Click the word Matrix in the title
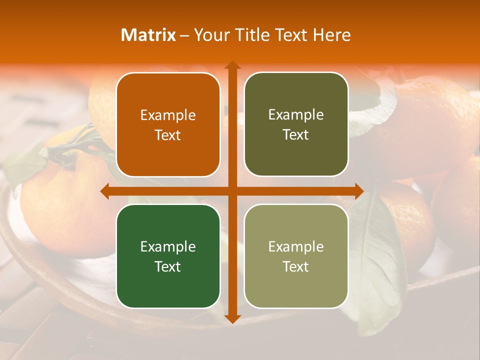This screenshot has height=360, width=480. (148, 35)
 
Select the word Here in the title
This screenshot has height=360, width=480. (332, 35)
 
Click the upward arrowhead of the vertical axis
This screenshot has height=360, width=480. (232, 65)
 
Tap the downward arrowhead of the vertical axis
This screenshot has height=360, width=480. (232, 318)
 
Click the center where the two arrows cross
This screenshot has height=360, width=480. (232, 191)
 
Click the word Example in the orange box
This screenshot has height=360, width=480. (168, 115)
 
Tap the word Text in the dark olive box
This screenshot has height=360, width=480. (296, 135)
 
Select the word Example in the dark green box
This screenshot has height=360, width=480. (168, 247)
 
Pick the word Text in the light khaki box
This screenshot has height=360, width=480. (296, 266)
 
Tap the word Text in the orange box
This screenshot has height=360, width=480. (168, 135)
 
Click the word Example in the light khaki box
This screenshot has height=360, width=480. (296, 247)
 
